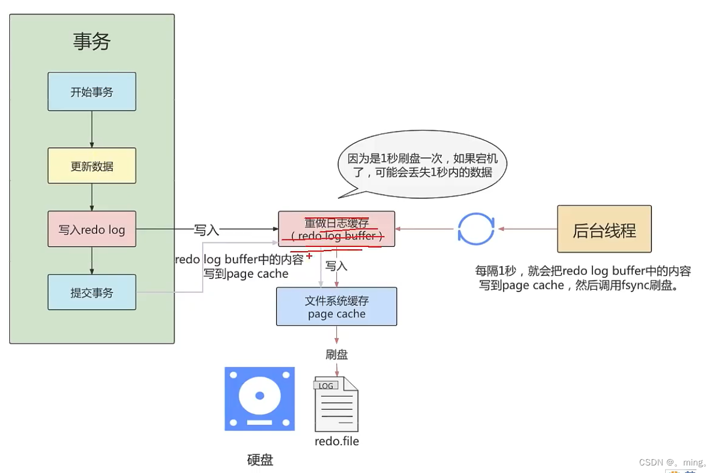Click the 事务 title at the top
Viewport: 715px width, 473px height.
91,42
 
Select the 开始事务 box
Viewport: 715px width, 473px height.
91,92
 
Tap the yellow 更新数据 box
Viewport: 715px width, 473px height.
91,166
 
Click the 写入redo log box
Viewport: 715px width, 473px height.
91,230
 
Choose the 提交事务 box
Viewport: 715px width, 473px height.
91,292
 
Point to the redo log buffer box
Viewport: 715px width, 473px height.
336,229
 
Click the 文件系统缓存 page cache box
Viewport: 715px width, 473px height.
336,307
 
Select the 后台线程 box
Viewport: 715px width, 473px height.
604,229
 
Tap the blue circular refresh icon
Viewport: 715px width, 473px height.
476,229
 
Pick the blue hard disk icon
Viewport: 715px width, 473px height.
259,399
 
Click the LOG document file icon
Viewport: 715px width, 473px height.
336,403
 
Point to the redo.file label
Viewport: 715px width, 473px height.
336,441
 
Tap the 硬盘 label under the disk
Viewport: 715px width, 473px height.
260,460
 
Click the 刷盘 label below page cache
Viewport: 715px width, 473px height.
336,354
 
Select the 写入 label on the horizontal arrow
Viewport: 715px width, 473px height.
207,230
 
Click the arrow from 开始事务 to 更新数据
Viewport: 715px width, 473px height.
91,129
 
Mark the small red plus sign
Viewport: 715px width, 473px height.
309,256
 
